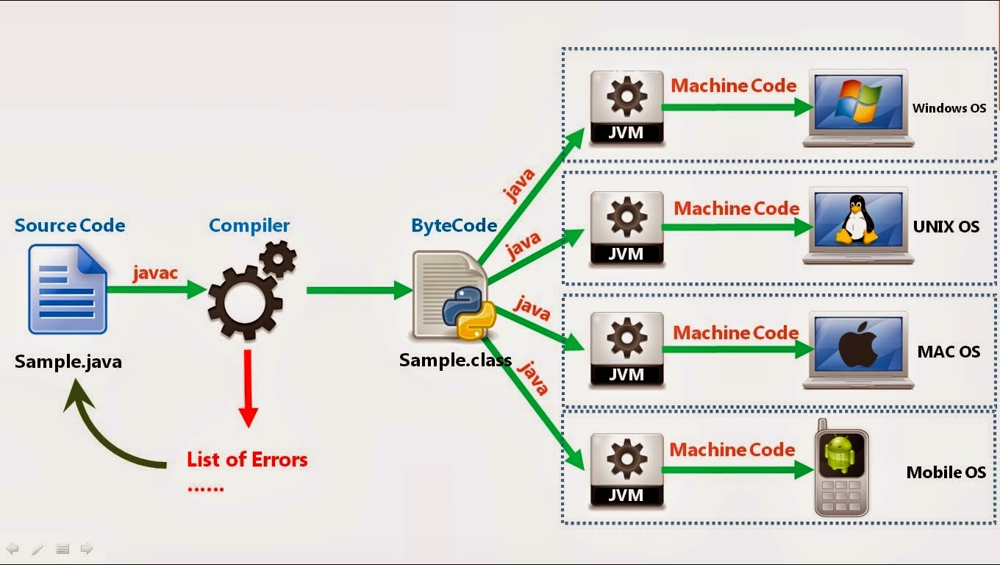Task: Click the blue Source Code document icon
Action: click(x=67, y=289)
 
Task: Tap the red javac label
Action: click(x=155, y=272)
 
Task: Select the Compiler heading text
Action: click(x=249, y=226)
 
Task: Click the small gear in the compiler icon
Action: click(x=278, y=258)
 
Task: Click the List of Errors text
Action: click(x=247, y=460)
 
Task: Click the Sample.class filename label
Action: click(x=454, y=361)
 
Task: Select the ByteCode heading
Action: click(x=454, y=226)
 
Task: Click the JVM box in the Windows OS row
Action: click(x=626, y=107)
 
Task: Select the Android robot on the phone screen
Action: click(x=840, y=454)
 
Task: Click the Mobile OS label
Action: click(x=946, y=472)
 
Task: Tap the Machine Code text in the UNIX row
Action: click(x=736, y=209)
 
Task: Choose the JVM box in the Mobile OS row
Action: click(x=626, y=471)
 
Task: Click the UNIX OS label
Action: click(x=946, y=227)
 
